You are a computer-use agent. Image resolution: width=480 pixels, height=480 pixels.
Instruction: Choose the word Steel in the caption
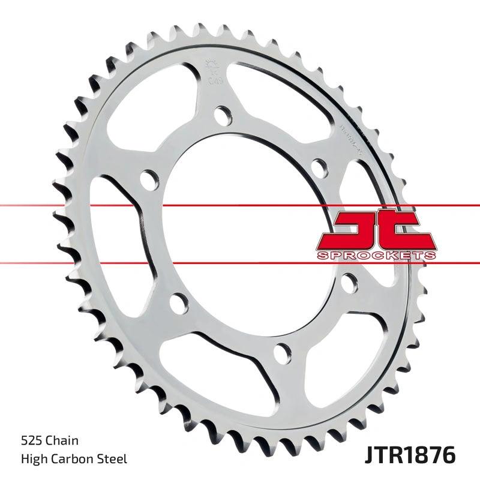tap(113, 460)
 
